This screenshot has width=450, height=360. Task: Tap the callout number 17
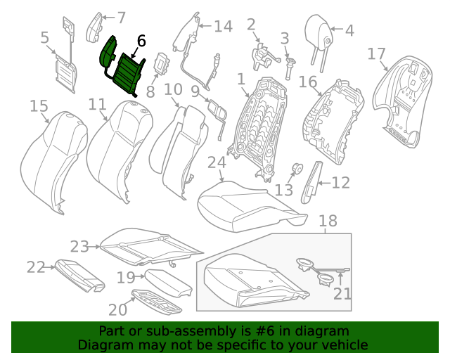pyautogui.click(x=377, y=54)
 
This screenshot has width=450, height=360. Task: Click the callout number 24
pyautogui.click(x=216, y=162)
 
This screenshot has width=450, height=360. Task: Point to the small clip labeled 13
pyautogui.click(x=297, y=168)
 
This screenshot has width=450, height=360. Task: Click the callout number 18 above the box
pyautogui.click(x=328, y=222)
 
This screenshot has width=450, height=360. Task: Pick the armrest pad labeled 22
pyautogui.click(x=79, y=274)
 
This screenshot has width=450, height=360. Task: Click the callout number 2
pyautogui.click(x=251, y=25)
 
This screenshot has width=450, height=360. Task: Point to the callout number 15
pyautogui.click(x=39, y=106)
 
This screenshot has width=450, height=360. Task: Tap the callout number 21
pyautogui.click(x=342, y=292)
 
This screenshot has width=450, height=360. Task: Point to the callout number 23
pyautogui.click(x=79, y=246)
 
